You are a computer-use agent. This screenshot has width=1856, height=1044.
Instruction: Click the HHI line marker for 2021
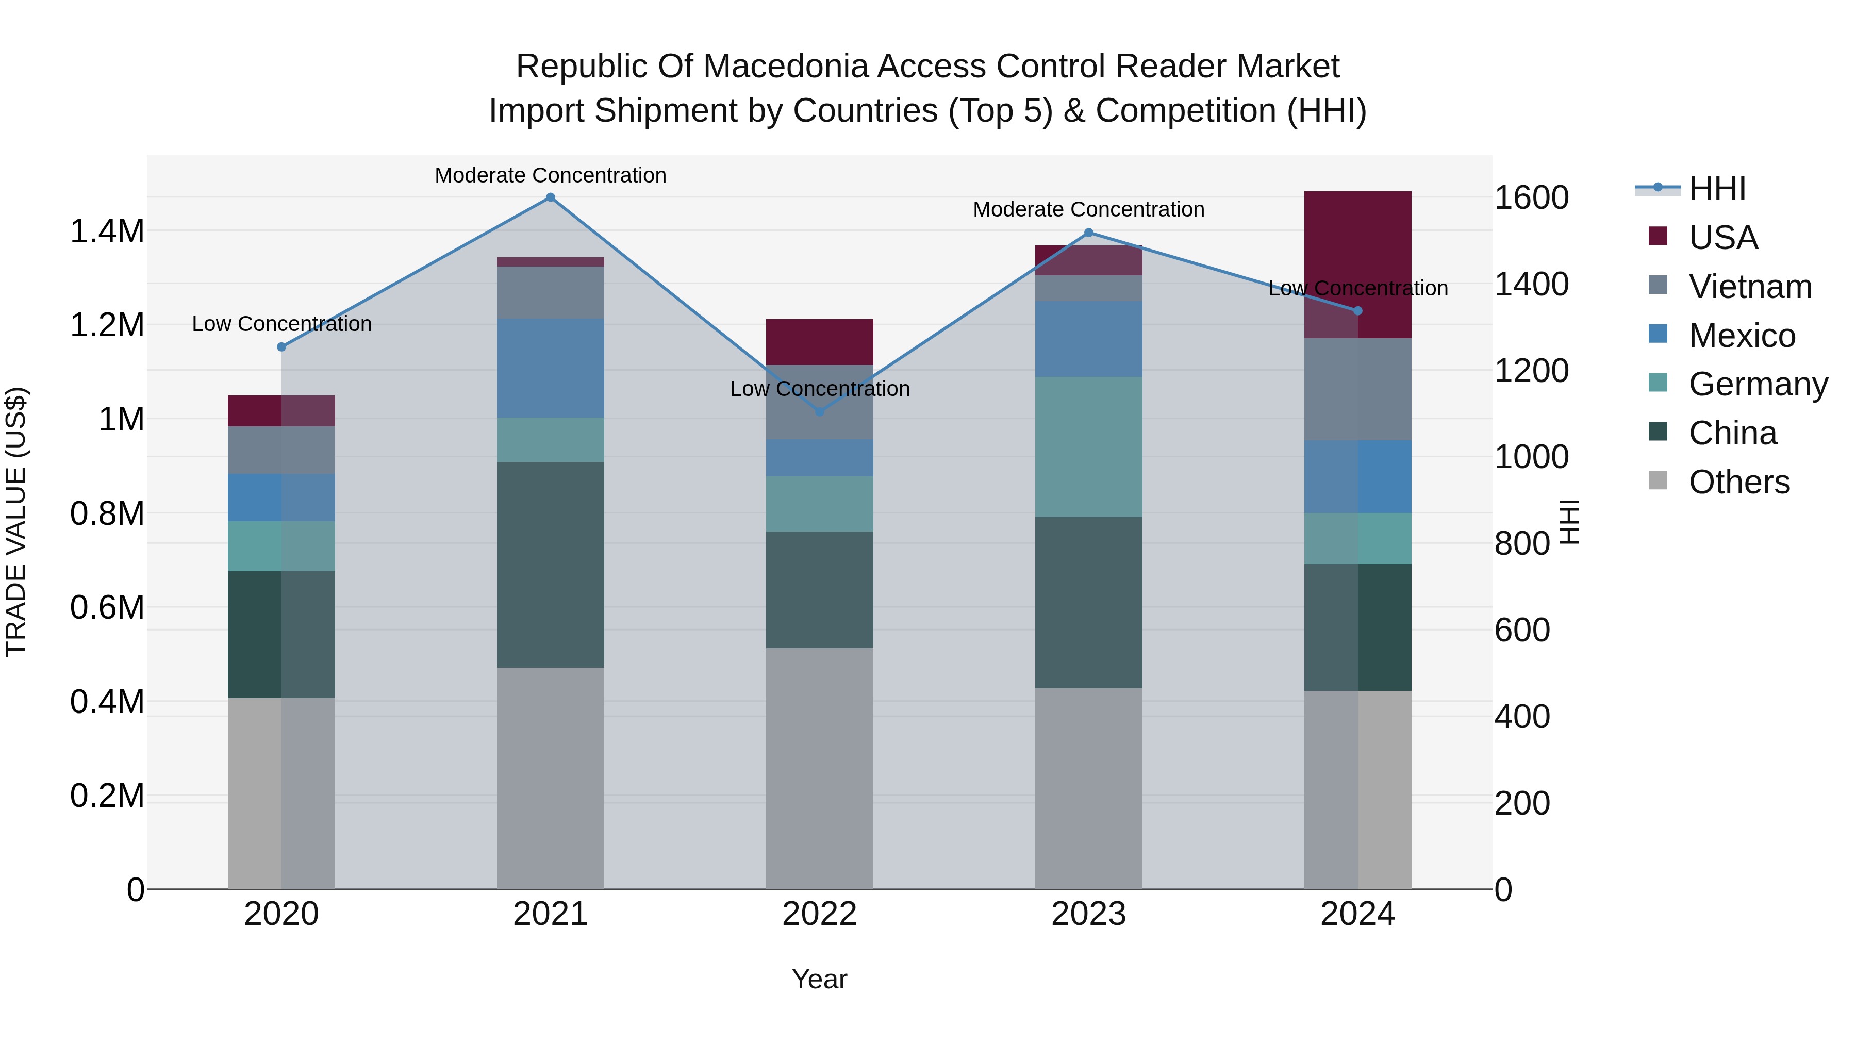point(551,197)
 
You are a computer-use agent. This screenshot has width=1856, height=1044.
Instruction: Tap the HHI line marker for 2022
point(819,412)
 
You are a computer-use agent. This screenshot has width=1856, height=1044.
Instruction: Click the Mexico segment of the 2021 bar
point(551,368)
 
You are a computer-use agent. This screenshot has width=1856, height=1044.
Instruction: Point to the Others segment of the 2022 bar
point(819,768)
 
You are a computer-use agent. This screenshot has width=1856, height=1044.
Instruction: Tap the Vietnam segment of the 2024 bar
point(1357,389)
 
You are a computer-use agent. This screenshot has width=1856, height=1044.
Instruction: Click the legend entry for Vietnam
point(1749,287)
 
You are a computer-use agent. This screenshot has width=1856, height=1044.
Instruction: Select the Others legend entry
point(1738,482)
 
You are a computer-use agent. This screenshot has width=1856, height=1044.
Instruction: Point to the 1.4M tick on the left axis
point(107,232)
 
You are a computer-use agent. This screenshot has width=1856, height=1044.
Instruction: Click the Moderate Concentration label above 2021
point(551,175)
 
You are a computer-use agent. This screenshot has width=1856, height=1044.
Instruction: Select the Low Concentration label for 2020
point(281,324)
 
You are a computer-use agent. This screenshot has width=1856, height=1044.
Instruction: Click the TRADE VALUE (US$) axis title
point(16,522)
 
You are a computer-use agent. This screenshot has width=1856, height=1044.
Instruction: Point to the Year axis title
point(819,979)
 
